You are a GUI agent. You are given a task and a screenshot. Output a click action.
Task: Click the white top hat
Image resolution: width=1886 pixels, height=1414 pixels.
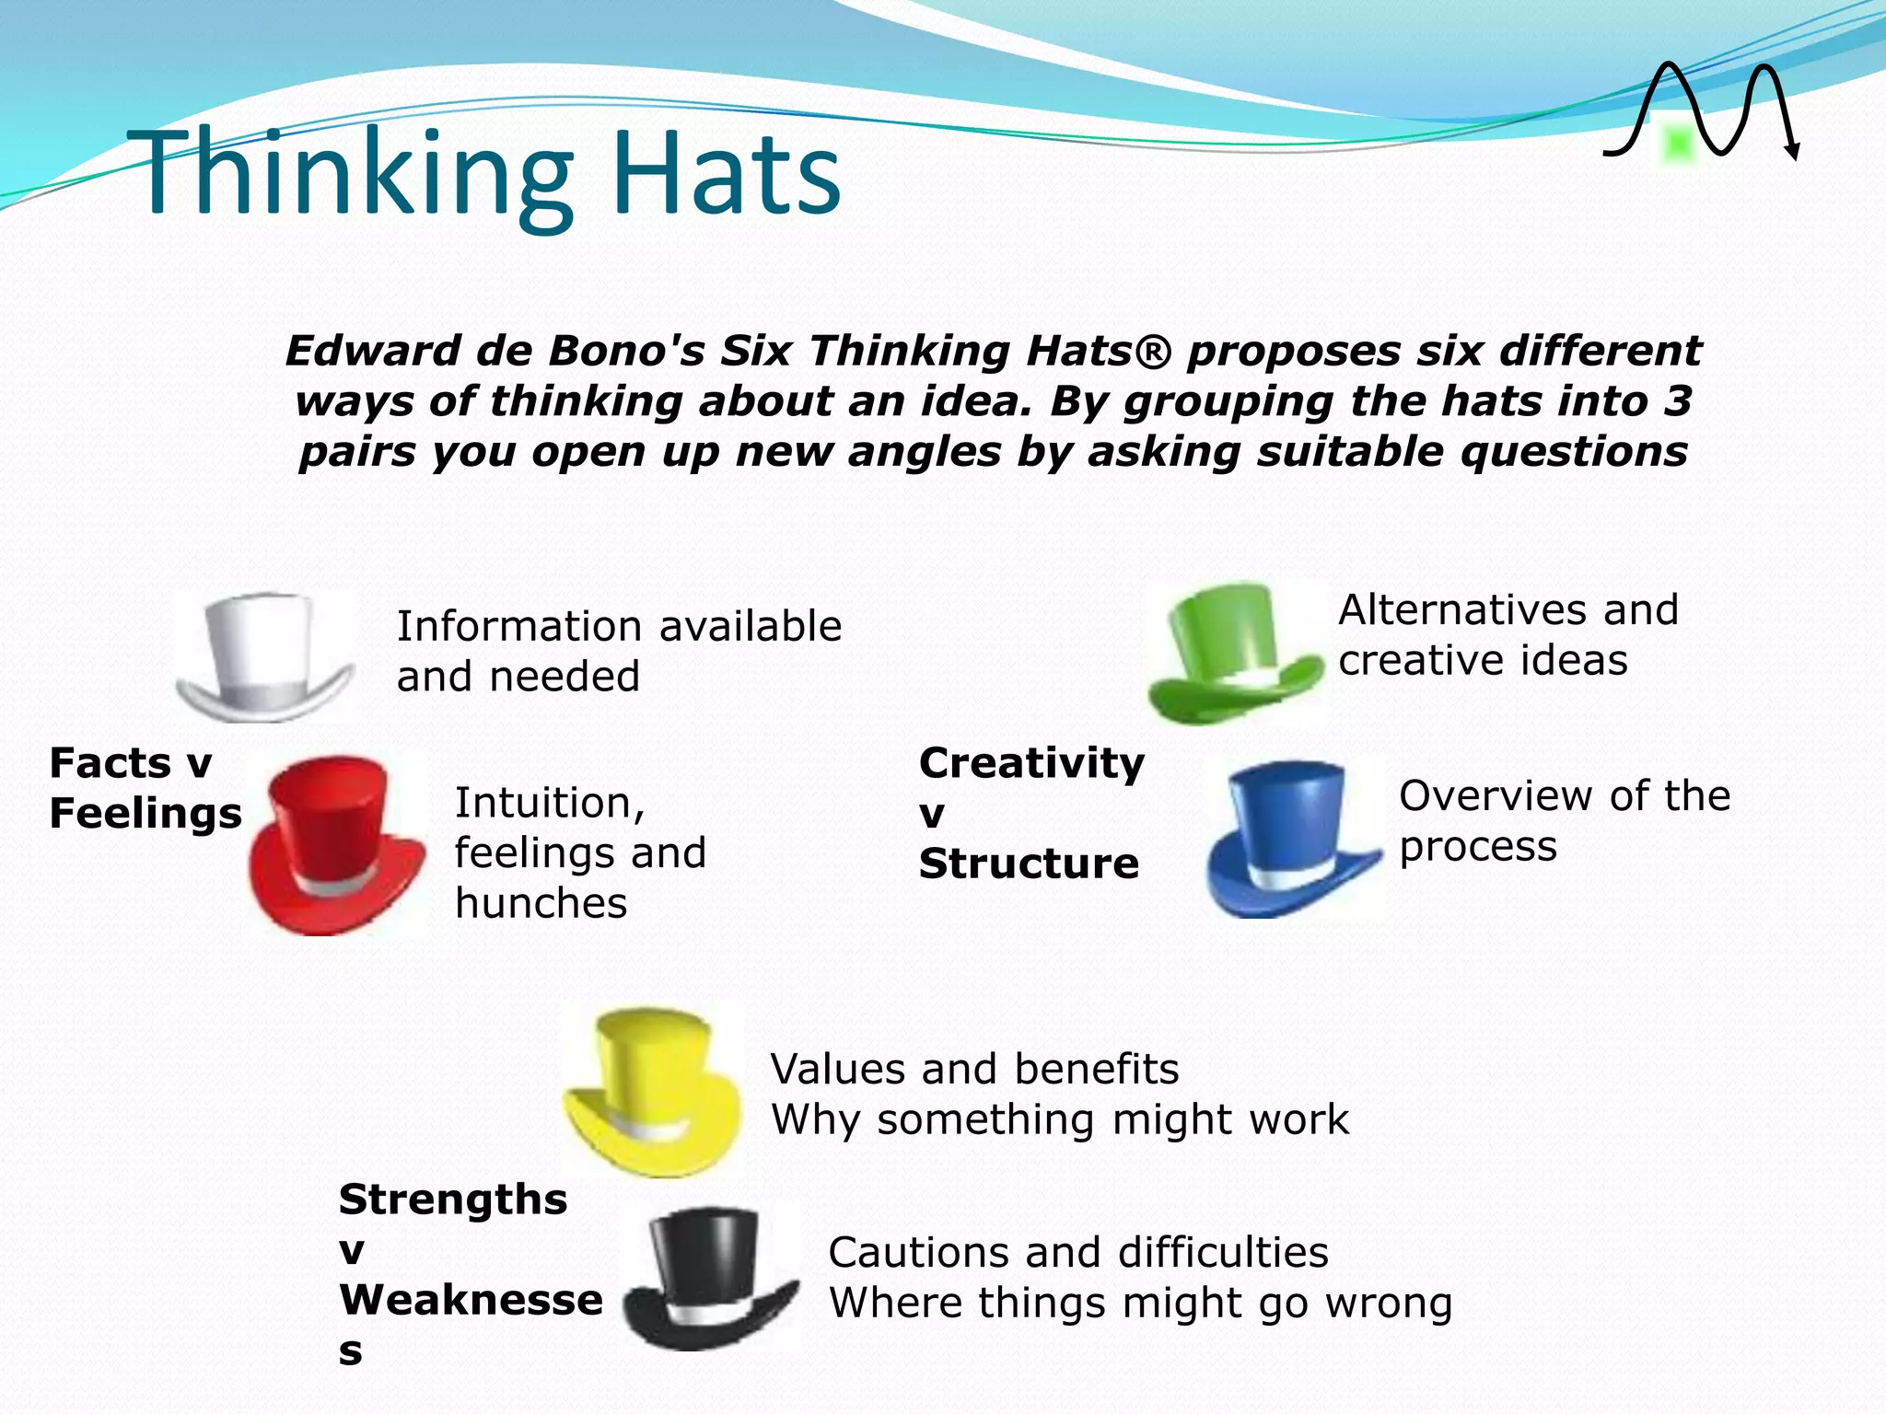[264, 656]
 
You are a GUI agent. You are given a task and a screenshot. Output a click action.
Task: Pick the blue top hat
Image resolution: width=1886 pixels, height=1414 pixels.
[1291, 838]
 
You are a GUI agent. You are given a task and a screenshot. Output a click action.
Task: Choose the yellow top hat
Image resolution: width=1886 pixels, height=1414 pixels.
[652, 1091]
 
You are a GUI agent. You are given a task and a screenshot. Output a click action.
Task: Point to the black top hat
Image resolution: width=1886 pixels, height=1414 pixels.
[707, 1278]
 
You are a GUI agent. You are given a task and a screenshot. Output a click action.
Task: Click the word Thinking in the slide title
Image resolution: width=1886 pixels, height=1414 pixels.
[350, 173]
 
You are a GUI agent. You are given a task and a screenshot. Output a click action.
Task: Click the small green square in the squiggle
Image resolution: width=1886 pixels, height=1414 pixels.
[1678, 145]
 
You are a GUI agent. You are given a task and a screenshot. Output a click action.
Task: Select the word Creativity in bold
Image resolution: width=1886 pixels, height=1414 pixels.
[1031, 763]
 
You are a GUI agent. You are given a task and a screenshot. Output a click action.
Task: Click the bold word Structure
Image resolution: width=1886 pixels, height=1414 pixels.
[1029, 863]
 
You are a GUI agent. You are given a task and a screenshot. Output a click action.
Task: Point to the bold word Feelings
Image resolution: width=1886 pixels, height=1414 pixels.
[145, 814]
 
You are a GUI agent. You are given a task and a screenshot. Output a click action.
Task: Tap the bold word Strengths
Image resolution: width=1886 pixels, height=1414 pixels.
[453, 1200]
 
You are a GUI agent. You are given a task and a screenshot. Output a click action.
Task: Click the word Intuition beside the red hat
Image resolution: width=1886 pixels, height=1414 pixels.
[549, 803]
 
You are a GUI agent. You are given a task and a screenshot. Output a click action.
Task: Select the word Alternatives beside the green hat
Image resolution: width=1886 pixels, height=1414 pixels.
[1455, 609]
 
